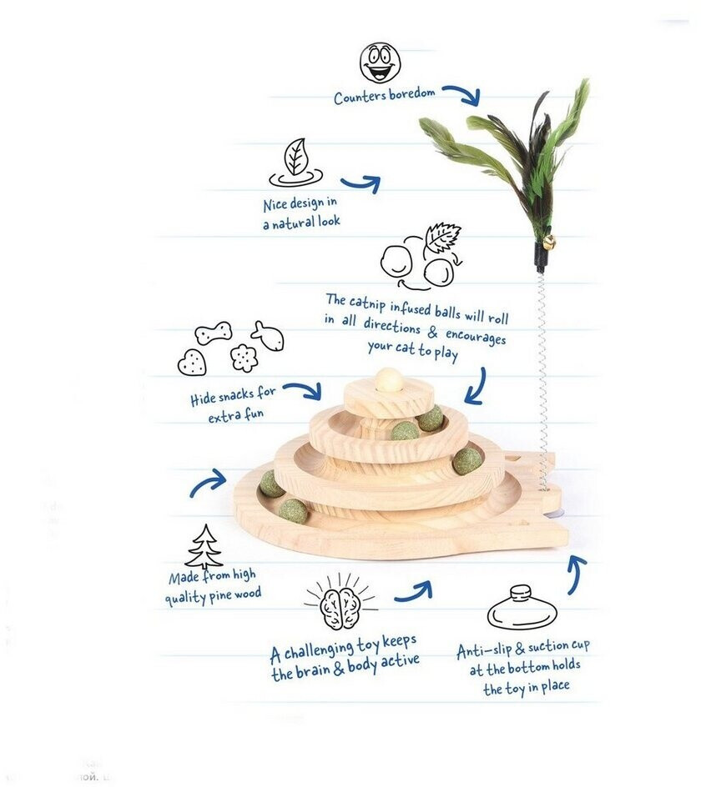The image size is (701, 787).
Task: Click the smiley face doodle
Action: (380, 63)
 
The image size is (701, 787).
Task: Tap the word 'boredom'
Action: (411, 93)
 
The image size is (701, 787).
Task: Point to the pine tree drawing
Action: (204, 547)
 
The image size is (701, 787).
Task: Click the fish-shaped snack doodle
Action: (267, 335)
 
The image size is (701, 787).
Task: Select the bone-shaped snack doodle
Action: (214, 334)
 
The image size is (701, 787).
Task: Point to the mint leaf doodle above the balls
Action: (442, 237)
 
